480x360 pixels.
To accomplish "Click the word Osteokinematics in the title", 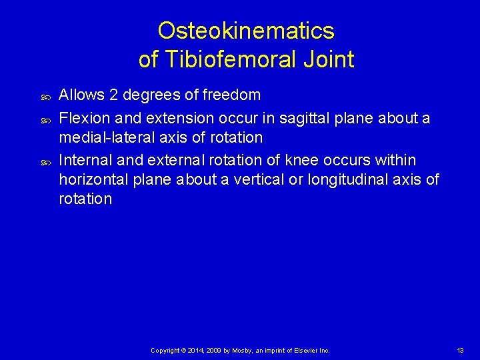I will click(246, 31).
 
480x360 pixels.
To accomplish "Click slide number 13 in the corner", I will click(460, 350).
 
